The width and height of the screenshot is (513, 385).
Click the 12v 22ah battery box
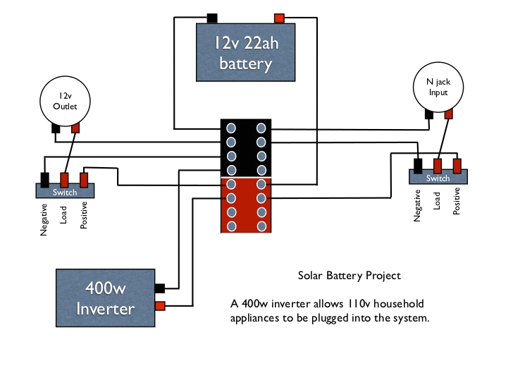[245, 54]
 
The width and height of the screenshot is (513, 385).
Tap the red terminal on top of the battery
[279, 18]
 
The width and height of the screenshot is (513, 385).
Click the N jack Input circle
[438, 87]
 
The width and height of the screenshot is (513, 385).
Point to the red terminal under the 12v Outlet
[75, 128]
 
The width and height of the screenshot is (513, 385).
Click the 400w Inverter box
[106, 297]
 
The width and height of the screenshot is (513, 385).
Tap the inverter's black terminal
[159, 288]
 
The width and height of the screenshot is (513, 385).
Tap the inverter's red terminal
[159, 306]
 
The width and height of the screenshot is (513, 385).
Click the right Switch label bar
[438, 178]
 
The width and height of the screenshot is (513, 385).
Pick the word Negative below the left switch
[44, 219]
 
